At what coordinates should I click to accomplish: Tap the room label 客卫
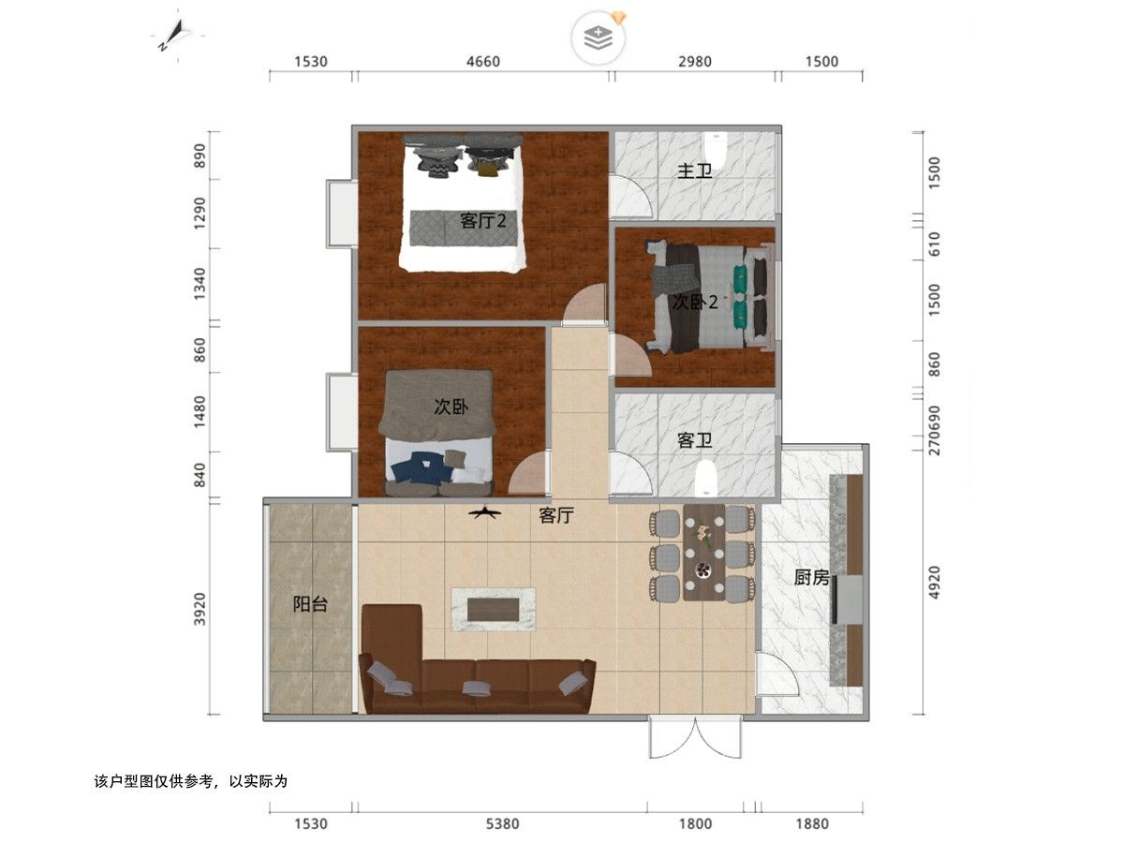click(695, 440)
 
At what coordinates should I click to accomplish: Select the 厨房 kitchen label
click(811, 578)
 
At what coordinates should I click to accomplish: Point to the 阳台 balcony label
click(310, 604)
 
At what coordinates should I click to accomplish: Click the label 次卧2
click(695, 303)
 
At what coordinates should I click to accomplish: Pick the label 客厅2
click(482, 221)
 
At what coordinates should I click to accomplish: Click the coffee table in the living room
click(493, 608)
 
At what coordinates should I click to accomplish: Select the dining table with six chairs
click(702, 553)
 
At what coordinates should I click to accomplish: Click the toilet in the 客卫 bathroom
click(705, 479)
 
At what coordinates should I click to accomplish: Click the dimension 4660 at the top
click(483, 62)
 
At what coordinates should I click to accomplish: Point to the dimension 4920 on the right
click(936, 581)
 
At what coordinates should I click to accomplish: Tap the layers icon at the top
click(597, 38)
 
